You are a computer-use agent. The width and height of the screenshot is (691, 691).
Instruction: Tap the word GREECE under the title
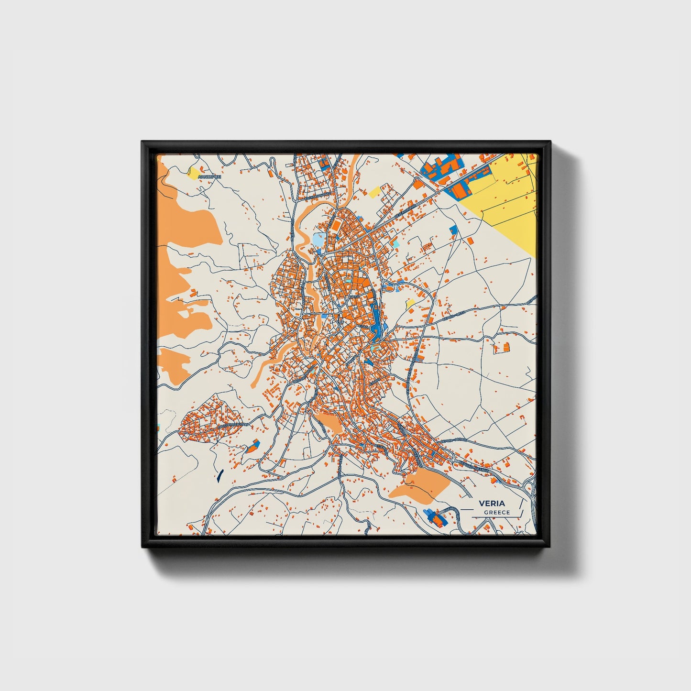[497, 513]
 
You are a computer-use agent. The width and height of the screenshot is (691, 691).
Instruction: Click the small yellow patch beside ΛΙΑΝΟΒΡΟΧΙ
[194, 173]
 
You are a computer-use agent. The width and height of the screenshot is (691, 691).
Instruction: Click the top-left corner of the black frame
[143, 142]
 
